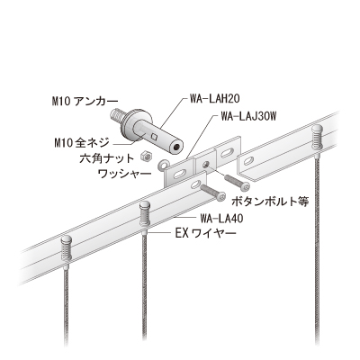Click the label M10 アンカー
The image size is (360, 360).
pyautogui.click(x=85, y=102)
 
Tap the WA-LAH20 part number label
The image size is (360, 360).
pyautogui.click(x=214, y=99)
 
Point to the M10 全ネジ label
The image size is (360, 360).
pyautogui.click(x=81, y=143)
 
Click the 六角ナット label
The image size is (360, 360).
pyautogui.click(x=106, y=158)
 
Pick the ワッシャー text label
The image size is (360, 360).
pyautogui.click(x=124, y=174)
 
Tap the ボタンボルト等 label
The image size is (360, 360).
pyautogui.click(x=270, y=202)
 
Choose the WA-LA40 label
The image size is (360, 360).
pyautogui.click(x=221, y=219)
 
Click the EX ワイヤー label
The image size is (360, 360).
pyautogui.click(x=206, y=233)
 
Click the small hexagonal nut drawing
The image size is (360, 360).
pyautogui.click(x=147, y=156)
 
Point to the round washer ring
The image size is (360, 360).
pyautogui.click(x=164, y=164)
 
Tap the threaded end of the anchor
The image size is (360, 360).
pyautogui.click(x=118, y=115)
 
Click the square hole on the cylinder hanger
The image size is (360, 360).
pyautogui.click(x=155, y=137)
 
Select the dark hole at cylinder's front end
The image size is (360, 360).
pyautogui.click(x=176, y=148)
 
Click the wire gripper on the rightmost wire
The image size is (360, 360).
pyautogui.click(x=317, y=139)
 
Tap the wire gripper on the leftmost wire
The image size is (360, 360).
pyautogui.click(x=67, y=249)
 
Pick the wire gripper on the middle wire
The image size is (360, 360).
pyautogui.click(x=146, y=215)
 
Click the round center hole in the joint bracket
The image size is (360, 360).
pyautogui.click(x=205, y=165)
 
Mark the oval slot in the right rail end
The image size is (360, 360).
pyautogui.click(x=248, y=162)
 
